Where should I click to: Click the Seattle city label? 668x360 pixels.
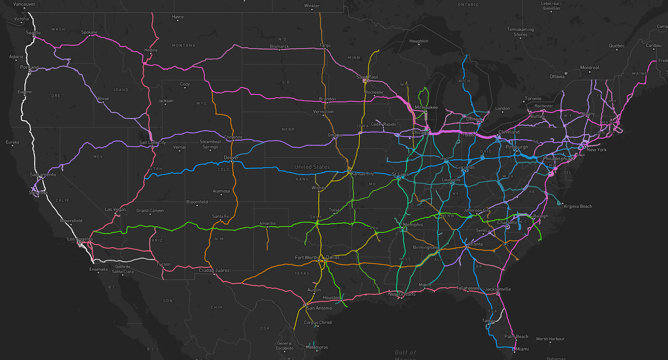point(33,33)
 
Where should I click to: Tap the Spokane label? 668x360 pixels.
point(89,32)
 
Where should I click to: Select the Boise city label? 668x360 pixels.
point(103,99)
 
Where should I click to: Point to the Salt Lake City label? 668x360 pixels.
point(152,142)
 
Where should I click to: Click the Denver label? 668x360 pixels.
point(231,157)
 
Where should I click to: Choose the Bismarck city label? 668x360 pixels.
point(279,46)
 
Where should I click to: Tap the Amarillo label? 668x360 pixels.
point(267,223)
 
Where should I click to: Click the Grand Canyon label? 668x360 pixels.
point(150,211)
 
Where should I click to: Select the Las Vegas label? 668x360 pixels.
point(115,209)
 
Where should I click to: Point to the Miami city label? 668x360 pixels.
point(522,349)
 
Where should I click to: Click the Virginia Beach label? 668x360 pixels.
point(577,206)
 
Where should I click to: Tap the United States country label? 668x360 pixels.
point(312,167)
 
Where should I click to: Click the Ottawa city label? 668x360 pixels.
point(557,77)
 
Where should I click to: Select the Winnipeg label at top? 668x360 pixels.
point(312,6)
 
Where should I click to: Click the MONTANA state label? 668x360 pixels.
point(183,45)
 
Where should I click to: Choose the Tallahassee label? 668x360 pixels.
point(468,288)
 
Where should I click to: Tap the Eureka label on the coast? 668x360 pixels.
point(12,142)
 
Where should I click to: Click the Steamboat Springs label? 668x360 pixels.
point(210,144)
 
